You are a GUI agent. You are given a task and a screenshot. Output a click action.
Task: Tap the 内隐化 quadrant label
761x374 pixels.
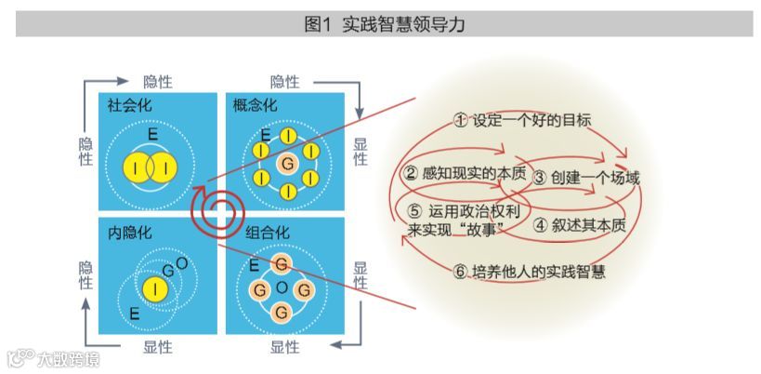point(130,232)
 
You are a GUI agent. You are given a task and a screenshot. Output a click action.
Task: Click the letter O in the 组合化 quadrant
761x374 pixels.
point(281,288)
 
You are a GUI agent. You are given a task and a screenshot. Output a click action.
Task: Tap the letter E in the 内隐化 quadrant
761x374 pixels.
point(136,313)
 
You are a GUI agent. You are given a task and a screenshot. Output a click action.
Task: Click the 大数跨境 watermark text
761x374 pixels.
point(67,358)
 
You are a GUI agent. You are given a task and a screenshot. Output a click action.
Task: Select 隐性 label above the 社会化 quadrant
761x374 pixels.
point(157,81)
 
